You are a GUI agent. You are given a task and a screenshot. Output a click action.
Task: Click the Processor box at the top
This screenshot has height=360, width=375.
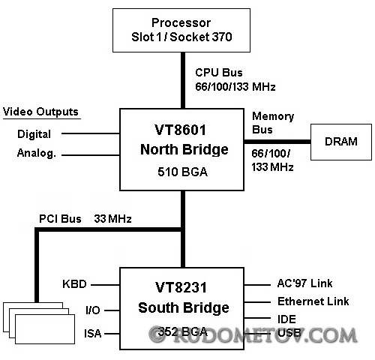pyautogui.click(x=181, y=30)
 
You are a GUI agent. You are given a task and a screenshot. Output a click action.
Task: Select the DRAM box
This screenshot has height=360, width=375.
pyautogui.click(x=341, y=142)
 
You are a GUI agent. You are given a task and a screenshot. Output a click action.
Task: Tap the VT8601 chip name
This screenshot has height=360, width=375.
pyautogui.click(x=180, y=130)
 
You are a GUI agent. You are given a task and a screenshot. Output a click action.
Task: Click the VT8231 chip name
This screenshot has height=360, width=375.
pyautogui.click(x=181, y=287)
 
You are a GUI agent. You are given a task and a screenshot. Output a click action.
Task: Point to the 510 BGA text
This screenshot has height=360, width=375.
pyautogui.click(x=182, y=172)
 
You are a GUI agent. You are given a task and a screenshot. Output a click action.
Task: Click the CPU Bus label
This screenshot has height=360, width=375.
pyautogui.click(x=219, y=73)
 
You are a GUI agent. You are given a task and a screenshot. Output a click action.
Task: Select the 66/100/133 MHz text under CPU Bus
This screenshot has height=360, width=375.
pyautogui.click(x=235, y=87)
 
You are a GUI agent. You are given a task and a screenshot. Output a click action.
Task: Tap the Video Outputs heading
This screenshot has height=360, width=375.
pyautogui.click(x=40, y=112)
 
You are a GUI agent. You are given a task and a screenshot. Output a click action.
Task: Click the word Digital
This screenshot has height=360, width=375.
pyautogui.click(x=34, y=134)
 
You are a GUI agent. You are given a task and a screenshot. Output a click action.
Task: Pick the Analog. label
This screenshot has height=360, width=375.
pyautogui.click(x=37, y=153)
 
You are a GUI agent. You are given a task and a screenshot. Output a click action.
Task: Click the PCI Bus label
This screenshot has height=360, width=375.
pyautogui.click(x=60, y=219)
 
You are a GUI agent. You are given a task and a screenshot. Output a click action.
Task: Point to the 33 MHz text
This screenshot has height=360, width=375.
pyautogui.click(x=112, y=219)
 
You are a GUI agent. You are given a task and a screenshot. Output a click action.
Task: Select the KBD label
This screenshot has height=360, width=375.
pyautogui.click(x=74, y=284)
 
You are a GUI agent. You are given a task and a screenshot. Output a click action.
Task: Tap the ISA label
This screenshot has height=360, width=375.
pyautogui.click(x=93, y=334)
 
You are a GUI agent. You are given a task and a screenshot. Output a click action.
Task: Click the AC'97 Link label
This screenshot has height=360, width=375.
pyautogui.click(x=305, y=283)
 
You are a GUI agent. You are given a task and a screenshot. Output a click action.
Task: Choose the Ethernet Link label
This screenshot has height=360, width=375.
pyautogui.click(x=313, y=301)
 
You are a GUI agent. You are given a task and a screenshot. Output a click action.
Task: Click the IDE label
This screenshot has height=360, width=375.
pyautogui.click(x=286, y=319)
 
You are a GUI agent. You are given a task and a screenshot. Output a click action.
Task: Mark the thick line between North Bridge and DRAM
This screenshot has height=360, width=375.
pyautogui.click(x=277, y=142)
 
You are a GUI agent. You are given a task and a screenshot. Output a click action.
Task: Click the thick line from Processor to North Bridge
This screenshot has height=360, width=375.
pyautogui.click(x=183, y=80)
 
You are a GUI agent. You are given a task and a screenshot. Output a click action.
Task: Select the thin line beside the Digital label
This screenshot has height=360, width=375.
pyautogui.click(x=91, y=133)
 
